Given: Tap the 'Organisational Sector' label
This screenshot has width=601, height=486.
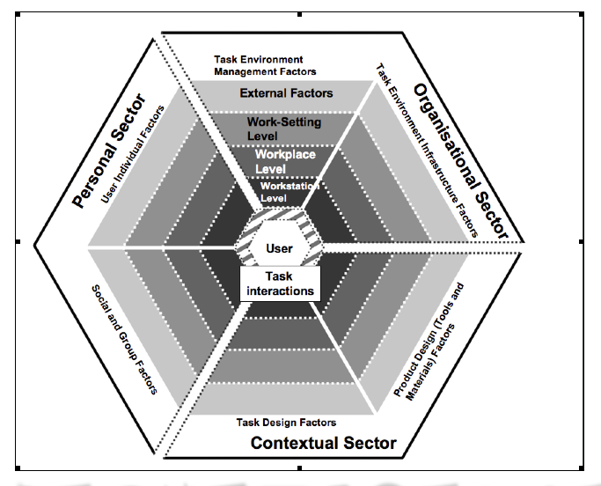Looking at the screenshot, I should [x=460, y=159].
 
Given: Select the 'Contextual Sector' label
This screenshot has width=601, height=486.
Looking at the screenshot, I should [x=323, y=443].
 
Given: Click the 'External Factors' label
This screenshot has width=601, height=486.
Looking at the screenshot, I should [x=286, y=92].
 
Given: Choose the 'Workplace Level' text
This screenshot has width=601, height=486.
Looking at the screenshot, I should [x=284, y=161].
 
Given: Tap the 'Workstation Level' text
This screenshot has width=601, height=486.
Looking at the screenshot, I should [x=289, y=191].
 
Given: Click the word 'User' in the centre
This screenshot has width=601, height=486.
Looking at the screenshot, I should [x=279, y=248].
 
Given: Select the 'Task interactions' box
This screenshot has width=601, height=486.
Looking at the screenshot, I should [x=278, y=283].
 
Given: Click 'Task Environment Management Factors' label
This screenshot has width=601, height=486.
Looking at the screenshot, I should [x=265, y=66].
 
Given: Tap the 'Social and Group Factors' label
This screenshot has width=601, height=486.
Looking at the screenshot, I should [x=123, y=338].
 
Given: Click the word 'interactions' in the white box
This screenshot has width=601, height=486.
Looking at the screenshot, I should [x=278, y=291].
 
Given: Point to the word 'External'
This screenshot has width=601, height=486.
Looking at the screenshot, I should [x=263, y=92].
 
